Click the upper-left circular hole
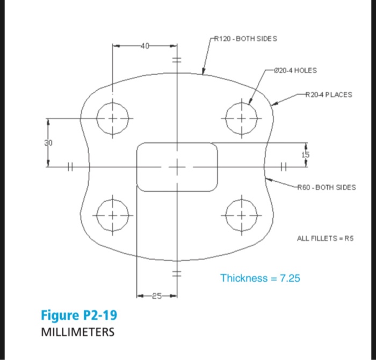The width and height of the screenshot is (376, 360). [x=113, y=119]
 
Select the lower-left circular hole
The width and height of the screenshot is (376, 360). [x=113, y=210]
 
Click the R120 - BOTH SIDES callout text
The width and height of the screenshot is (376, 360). [x=245, y=39]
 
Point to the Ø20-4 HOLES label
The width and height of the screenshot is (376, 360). [x=295, y=70]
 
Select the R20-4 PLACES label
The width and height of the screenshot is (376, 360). [x=328, y=94]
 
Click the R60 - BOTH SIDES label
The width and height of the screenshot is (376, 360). [x=326, y=187]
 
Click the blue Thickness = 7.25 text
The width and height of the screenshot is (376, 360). [x=260, y=278]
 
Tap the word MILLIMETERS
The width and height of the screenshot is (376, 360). [x=78, y=332]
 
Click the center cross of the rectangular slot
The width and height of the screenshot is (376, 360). [x=176, y=167]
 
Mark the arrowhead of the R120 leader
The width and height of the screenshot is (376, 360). [x=203, y=72]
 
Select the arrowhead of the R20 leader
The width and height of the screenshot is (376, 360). [x=272, y=105]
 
